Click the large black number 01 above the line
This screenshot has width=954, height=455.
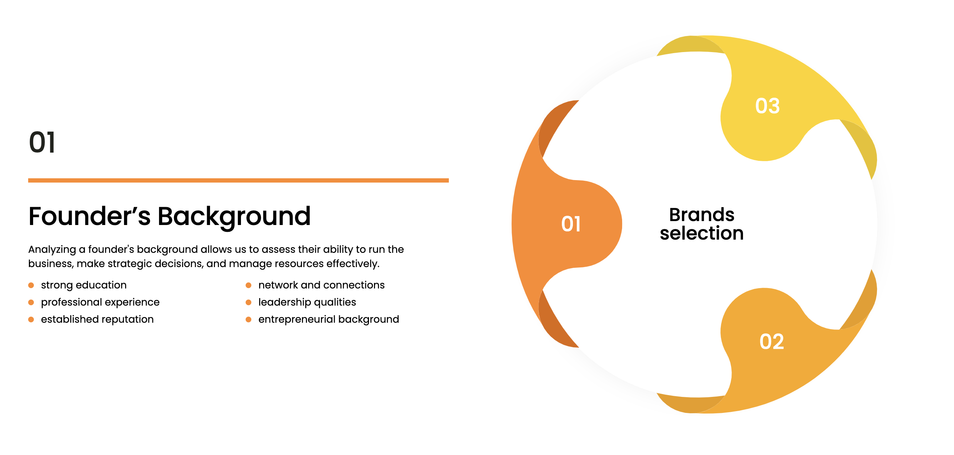(x=42, y=142)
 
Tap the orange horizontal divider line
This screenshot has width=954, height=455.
(x=238, y=180)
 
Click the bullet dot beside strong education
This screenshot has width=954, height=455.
(x=31, y=285)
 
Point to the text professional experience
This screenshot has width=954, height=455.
(x=100, y=302)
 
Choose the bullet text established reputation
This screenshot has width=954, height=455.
(x=97, y=319)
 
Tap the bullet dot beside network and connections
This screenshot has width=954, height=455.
(x=248, y=285)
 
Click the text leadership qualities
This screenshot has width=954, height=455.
(x=307, y=302)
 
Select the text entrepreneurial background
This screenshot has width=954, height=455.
(x=328, y=319)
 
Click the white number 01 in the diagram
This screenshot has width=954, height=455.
(x=571, y=224)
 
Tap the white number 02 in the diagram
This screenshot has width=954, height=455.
(x=772, y=341)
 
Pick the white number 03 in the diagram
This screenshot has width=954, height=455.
(x=768, y=106)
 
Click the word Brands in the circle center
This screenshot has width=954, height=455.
(x=702, y=215)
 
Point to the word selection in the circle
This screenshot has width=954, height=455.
(x=702, y=234)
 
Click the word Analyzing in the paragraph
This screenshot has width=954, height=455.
(x=52, y=250)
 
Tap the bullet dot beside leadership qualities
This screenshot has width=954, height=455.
(x=248, y=302)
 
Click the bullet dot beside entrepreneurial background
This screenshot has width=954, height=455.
(x=248, y=319)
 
